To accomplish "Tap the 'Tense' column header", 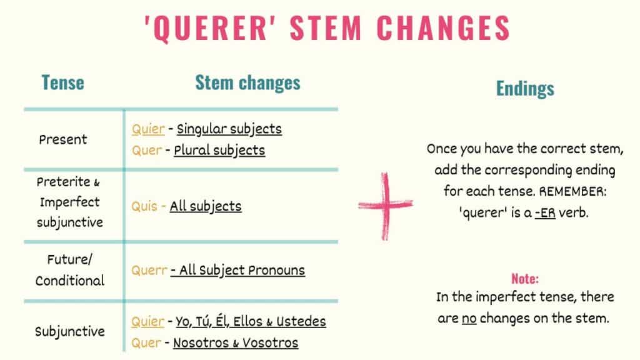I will [x=62, y=82].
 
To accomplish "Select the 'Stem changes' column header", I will [x=247, y=82].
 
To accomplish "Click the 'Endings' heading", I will [x=525, y=89].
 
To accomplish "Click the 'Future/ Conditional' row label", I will [x=69, y=270].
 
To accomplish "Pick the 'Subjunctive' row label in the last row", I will [x=70, y=331].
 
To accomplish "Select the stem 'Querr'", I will [x=149, y=271].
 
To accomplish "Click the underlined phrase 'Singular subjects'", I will [x=229, y=129].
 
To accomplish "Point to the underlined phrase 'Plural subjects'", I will [x=219, y=151].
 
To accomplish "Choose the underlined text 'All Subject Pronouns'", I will [x=238, y=271].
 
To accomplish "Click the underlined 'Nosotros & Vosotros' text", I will [x=236, y=342].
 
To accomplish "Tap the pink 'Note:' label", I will [x=525, y=279].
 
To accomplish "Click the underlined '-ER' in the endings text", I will [x=546, y=212].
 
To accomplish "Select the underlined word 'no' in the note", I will [x=469, y=318].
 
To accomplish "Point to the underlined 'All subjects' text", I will [x=206, y=206].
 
